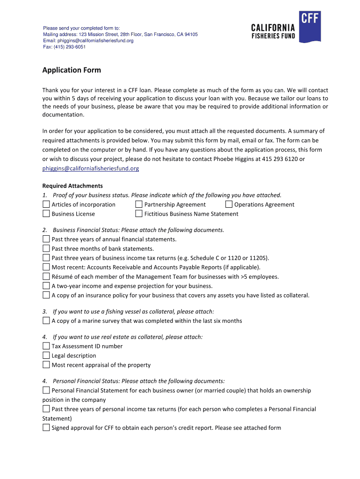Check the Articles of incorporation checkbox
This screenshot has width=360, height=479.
(46, 204)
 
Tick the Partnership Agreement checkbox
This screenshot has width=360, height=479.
(139, 204)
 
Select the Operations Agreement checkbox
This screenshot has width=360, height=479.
(229, 204)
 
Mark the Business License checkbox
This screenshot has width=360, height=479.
(46, 214)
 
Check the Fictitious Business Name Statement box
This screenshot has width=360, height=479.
(139, 214)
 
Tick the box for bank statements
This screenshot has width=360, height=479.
(46, 248)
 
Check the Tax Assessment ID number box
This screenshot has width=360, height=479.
(46, 346)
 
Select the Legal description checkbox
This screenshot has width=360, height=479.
(46, 356)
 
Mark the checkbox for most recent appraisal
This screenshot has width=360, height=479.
(46, 365)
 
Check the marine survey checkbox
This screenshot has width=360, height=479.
(46, 320)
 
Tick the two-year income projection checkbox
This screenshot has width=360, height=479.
(46, 286)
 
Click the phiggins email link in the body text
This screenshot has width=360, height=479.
(91, 168)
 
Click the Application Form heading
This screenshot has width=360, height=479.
(72, 70)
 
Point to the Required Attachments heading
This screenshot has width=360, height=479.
(72, 186)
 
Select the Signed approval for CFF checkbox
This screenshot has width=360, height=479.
(46, 428)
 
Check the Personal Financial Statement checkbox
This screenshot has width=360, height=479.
(46, 390)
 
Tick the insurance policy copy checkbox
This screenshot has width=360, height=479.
(46, 295)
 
